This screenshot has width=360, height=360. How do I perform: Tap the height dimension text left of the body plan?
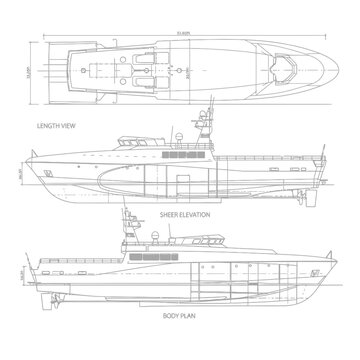point(22,270)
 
